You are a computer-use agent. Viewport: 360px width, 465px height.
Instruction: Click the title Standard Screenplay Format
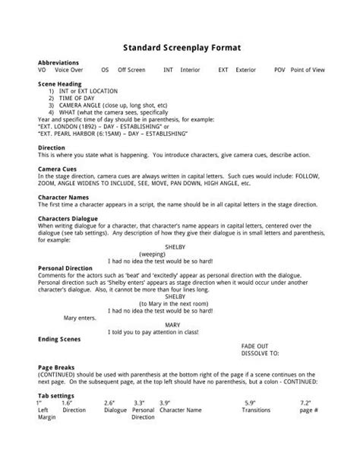(x=179, y=46)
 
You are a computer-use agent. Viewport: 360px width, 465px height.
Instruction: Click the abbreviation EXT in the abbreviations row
(x=223, y=68)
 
